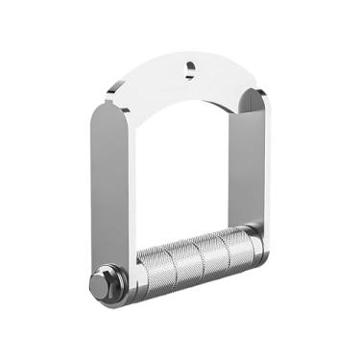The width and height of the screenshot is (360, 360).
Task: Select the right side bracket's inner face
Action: (x=252, y=163)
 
